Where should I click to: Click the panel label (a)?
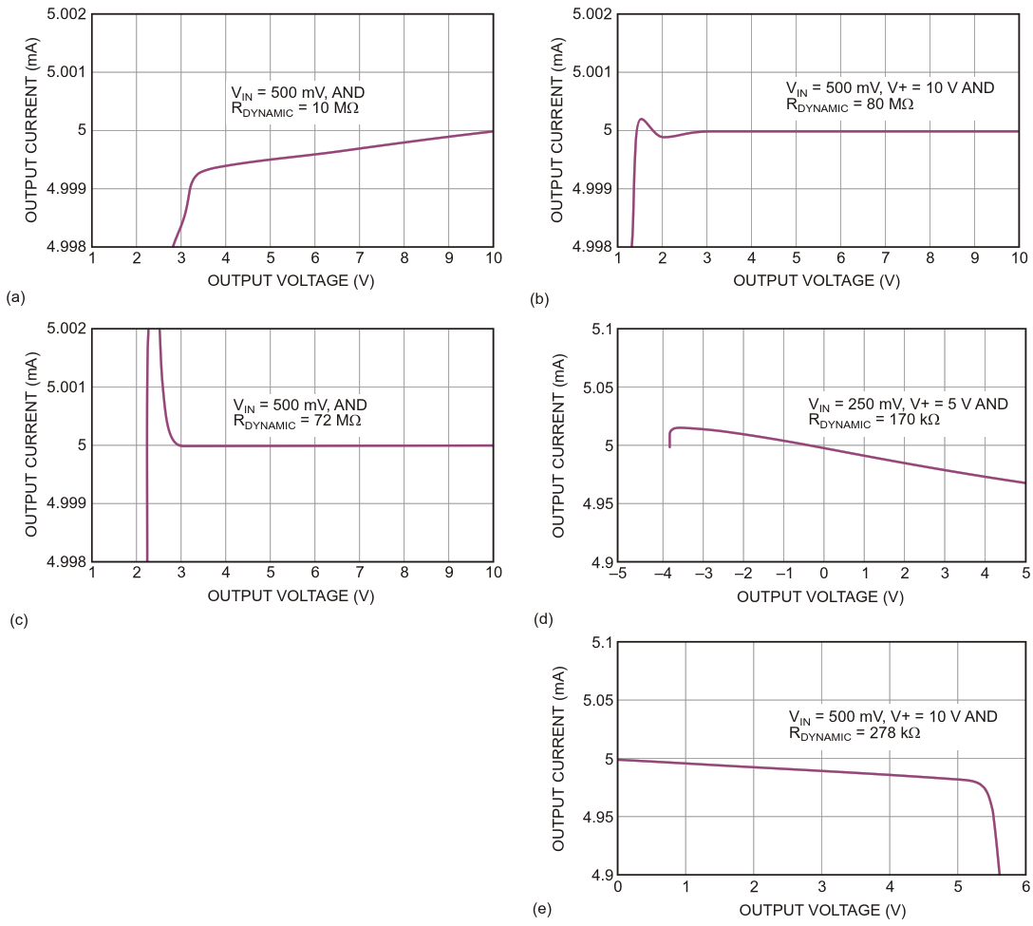(x=14, y=297)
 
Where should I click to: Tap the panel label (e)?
(x=542, y=909)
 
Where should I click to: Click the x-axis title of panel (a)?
(x=291, y=280)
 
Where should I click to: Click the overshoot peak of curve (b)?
(x=642, y=119)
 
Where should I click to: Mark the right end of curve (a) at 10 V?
(x=493, y=131)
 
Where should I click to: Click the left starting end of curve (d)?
(x=670, y=446)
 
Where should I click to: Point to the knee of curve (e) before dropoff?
(x=978, y=782)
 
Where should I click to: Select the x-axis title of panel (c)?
(x=291, y=595)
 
